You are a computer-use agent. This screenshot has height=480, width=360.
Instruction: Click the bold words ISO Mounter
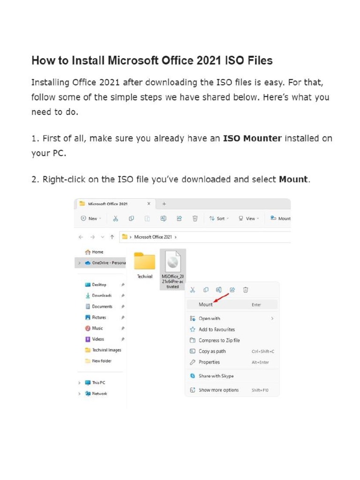click(x=252, y=138)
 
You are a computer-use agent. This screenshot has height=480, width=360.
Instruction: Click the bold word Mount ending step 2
click(x=293, y=180)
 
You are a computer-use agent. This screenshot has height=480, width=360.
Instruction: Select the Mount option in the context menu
click(x=206, y=305)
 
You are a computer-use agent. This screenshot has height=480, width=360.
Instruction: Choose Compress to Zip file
click(x=219, y=340)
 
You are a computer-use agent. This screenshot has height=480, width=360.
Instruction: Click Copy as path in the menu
click(x=212, y=351)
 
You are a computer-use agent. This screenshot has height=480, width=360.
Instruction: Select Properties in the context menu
click(x=209, y=362)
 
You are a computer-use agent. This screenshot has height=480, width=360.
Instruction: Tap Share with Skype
click(x=216, y=376)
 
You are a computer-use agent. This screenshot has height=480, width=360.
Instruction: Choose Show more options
click(x=218, y=390)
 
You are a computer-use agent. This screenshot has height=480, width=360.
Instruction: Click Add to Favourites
click(x=217, y=330)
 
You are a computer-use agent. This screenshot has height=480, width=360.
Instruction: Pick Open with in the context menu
click(x=209, y=318)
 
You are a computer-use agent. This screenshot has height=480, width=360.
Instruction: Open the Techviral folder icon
click(x=144, y=261)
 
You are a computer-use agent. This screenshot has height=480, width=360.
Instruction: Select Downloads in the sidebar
click(x=102, y=295)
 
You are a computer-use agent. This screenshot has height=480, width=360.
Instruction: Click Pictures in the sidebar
click(x=99, y=317)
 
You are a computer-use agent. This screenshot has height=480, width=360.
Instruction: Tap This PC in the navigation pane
click(x=98, y=382)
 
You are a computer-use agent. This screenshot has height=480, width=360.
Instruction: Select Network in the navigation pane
click(x=99, y=394)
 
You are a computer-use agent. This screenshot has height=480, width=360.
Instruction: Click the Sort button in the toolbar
click(x=219, y=218)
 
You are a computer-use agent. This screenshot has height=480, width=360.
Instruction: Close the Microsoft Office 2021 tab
click(x=149, y=203)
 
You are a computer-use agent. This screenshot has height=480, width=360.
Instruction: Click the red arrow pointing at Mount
click(x=221, y=299)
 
